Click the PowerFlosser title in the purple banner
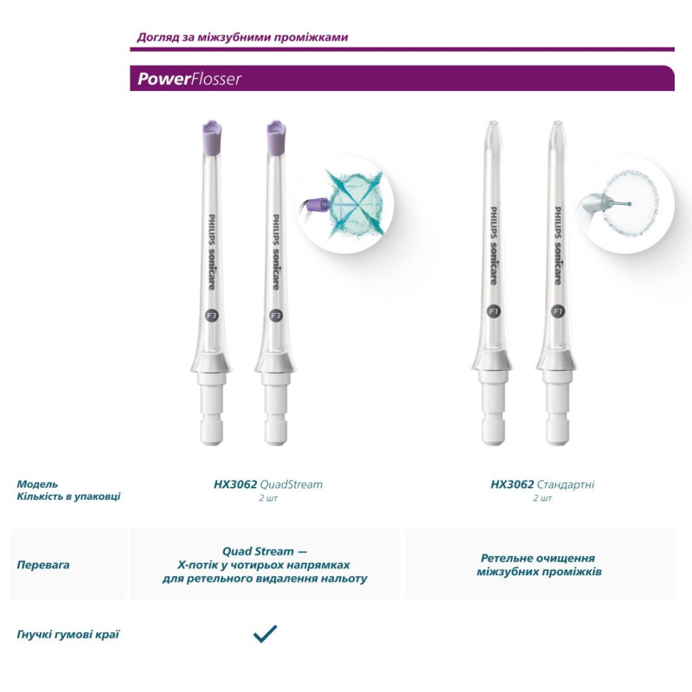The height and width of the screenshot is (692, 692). [x=189, y=80]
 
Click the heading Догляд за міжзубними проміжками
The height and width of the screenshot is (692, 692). [x=242, y=37]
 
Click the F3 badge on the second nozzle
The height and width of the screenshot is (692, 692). [x=276, y=316]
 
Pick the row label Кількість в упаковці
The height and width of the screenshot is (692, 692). [x=68, y=497]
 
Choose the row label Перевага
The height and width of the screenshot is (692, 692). [x=43, y=565]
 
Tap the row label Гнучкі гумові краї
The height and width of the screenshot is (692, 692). [x=67, y=634]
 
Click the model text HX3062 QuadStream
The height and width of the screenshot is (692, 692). [x=267, y=484]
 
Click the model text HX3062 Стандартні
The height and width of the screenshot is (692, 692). [x=541, y=484]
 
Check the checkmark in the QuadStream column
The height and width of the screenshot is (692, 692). [x=265, y=634]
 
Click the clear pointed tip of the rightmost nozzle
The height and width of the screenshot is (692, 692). [x=557, y=130]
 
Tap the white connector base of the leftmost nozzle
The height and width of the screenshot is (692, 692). [x=212, y=407]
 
